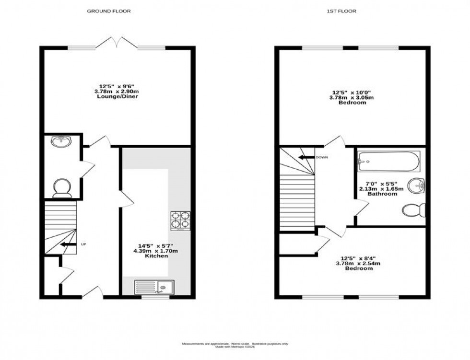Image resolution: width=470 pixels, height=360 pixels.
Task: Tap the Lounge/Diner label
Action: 117,96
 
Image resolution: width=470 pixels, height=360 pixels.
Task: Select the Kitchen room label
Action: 156,256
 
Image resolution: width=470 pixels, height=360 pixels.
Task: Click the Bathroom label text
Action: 382,194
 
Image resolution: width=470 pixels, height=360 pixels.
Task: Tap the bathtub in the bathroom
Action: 389,162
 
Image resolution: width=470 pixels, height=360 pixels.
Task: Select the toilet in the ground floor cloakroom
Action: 62,188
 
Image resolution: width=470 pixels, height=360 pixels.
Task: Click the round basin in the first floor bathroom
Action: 417,185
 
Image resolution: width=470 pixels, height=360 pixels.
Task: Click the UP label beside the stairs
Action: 83,244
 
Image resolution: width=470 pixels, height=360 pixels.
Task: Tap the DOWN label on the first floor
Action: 322,157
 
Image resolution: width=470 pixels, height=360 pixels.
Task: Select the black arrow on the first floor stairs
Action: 305,157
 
